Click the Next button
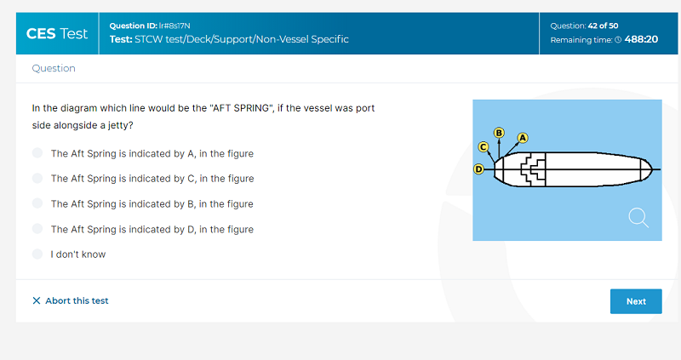636,301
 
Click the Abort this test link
71,300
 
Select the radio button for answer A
37,153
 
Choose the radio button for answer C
37,178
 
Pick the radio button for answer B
37,203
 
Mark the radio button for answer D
37,228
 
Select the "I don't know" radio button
37,254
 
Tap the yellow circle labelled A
523,138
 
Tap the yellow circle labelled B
499,133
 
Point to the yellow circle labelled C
483,146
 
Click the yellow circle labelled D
478,169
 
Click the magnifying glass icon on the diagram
638,218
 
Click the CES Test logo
57,33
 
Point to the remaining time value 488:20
641,39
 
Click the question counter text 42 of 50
603,26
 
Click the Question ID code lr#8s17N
175,26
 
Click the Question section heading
54,68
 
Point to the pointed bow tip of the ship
652,169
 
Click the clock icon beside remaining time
618,40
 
